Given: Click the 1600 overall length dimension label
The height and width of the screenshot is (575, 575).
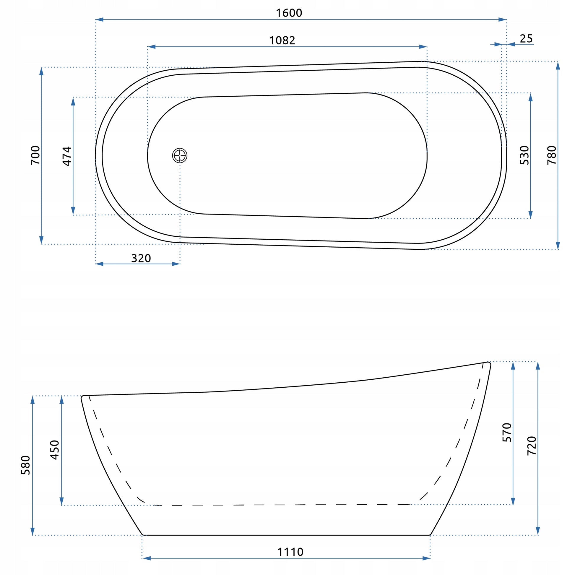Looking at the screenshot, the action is tap(289, 13).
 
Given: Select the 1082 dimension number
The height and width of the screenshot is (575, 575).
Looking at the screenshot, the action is tap(282, 40).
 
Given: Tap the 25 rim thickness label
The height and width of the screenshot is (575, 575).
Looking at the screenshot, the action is tap(526, 39).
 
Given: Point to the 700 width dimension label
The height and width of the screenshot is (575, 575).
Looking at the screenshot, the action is tap(35, 155).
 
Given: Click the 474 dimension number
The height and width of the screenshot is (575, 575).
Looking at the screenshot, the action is tap(67, 156).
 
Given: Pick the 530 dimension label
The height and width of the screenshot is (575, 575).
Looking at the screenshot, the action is tap(524, 155).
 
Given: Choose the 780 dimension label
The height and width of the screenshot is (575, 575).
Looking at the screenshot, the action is tap(551, 155).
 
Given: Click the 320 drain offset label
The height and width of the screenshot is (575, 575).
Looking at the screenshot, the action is tap(141, 258).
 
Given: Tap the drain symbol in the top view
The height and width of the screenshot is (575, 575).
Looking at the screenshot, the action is tap(180, 155).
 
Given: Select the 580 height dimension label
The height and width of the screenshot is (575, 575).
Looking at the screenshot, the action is tap(26, 465).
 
